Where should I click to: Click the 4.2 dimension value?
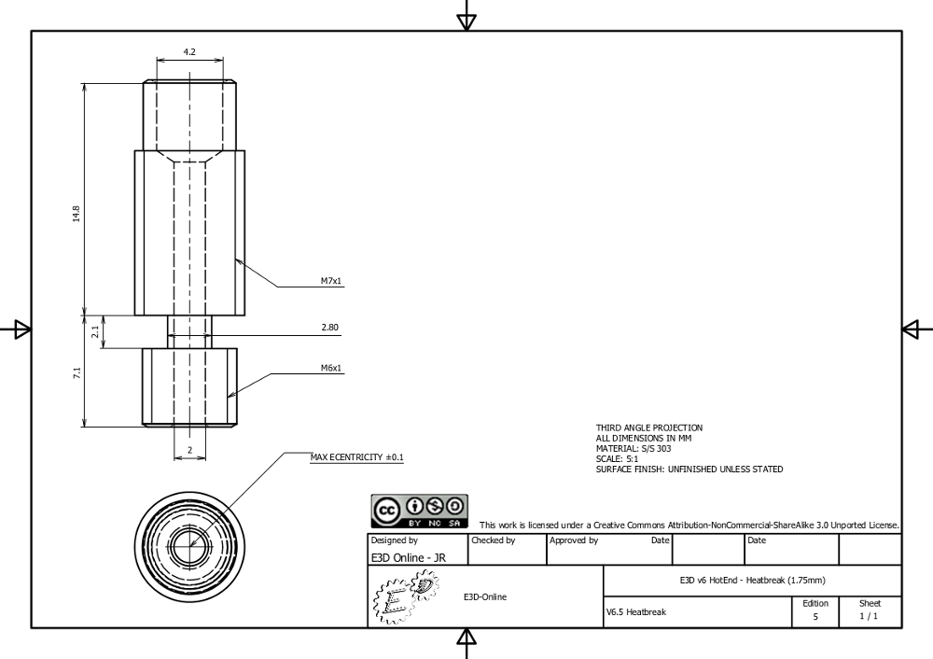click(189, 51)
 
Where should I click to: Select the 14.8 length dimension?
click(77, 214)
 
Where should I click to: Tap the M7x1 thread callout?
click(331, 281)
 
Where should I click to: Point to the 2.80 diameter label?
click(329, 328)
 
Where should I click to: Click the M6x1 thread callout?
click(331, 368)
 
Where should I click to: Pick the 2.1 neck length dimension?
click(95, 331)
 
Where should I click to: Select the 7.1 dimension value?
click(77, 373)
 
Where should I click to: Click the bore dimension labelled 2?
click(189, 450)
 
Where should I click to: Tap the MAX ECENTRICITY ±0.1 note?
click(357, 457)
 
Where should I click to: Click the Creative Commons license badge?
click(420, 512)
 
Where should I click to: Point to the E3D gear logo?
click(407, 596)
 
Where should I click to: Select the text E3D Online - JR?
click(409, 558)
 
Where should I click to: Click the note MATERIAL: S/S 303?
click(634, 448)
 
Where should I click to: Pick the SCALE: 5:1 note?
click(617, 459)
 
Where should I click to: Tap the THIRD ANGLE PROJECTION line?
click(649, 428)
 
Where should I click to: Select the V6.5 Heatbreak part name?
click(636, 612)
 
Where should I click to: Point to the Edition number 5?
click(815, 617)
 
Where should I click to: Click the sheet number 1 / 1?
click(869, 616)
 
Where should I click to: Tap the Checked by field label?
click(494, 540)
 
